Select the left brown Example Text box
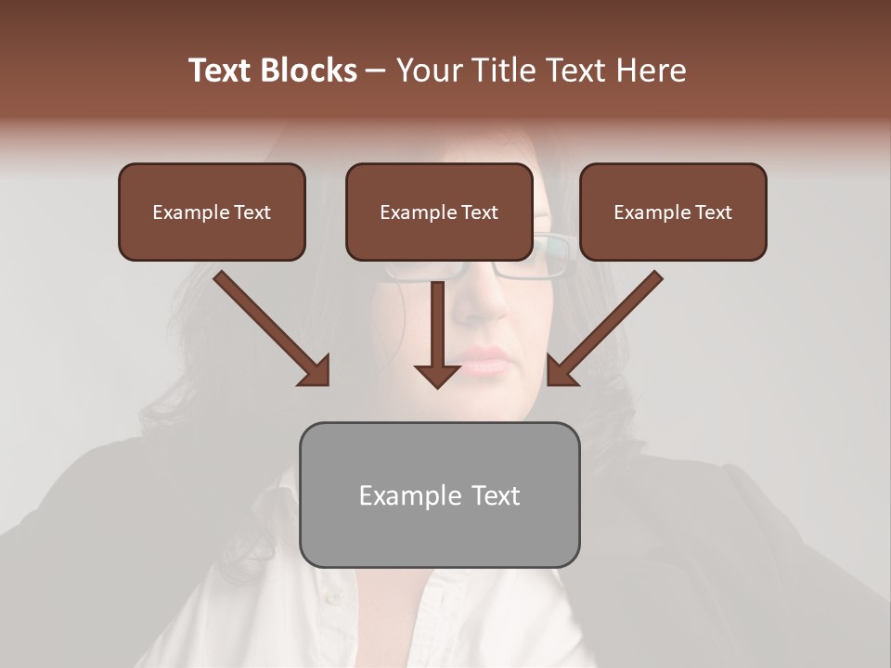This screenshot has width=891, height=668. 212,212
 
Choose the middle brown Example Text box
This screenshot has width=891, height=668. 439,212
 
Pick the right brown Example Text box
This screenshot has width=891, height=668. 673,212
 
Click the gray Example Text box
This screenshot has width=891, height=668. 439,495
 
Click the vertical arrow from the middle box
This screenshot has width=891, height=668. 437,325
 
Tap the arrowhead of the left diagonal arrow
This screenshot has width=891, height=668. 316,371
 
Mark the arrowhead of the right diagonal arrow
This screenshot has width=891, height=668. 561,371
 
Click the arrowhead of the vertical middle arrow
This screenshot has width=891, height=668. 437,375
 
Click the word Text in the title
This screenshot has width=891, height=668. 222,71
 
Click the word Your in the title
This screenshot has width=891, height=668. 428,71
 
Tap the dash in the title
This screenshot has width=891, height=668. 376,71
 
